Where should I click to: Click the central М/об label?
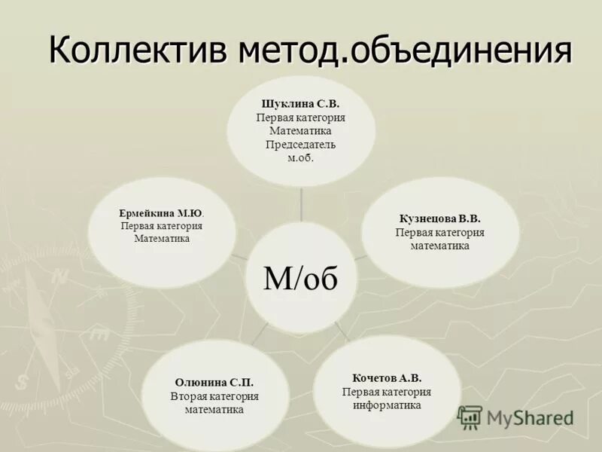(301, 278)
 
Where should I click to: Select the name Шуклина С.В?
(300, 105)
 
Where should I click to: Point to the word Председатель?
(300, 145)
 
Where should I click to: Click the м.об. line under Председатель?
(300, 158)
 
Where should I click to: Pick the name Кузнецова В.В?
(439, 218)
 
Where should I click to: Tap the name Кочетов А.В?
(386, 377)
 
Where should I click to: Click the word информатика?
(386, 405)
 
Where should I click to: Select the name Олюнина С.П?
(214, 382)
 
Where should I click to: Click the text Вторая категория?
(214, 396)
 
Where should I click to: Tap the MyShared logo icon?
(470, 417)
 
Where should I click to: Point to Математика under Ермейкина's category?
(161, 239)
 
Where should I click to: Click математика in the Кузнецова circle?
(439, 246)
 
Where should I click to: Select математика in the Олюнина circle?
(214, 410)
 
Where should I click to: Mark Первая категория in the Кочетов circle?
(386, 391)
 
